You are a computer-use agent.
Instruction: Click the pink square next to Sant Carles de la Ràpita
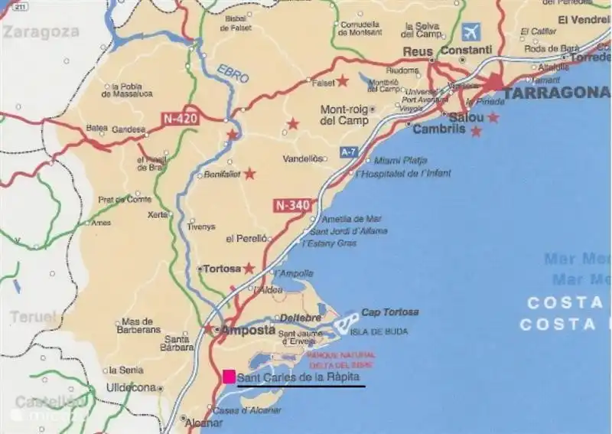coord(229,376)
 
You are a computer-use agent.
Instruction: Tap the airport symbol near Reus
coord(472,32)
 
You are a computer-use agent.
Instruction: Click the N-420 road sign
coord(179,119)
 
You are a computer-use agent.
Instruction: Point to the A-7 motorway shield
coord(348,152)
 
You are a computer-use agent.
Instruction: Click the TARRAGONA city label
coord(555,93)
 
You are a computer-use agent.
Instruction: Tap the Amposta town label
coord(248,330)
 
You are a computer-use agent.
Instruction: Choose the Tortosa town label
coord(221,269)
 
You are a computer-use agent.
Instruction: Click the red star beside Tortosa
coord(249,268)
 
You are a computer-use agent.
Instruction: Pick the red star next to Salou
coord(493,117)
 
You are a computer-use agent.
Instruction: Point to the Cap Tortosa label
coord(389,312)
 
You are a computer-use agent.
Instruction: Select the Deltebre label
coord(300,317)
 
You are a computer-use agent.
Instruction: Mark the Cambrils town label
coord(438,129)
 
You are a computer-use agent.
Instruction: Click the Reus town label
coord(418,51)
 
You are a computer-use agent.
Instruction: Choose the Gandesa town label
coord(129,129)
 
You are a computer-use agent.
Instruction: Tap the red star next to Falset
coord(343,80)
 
